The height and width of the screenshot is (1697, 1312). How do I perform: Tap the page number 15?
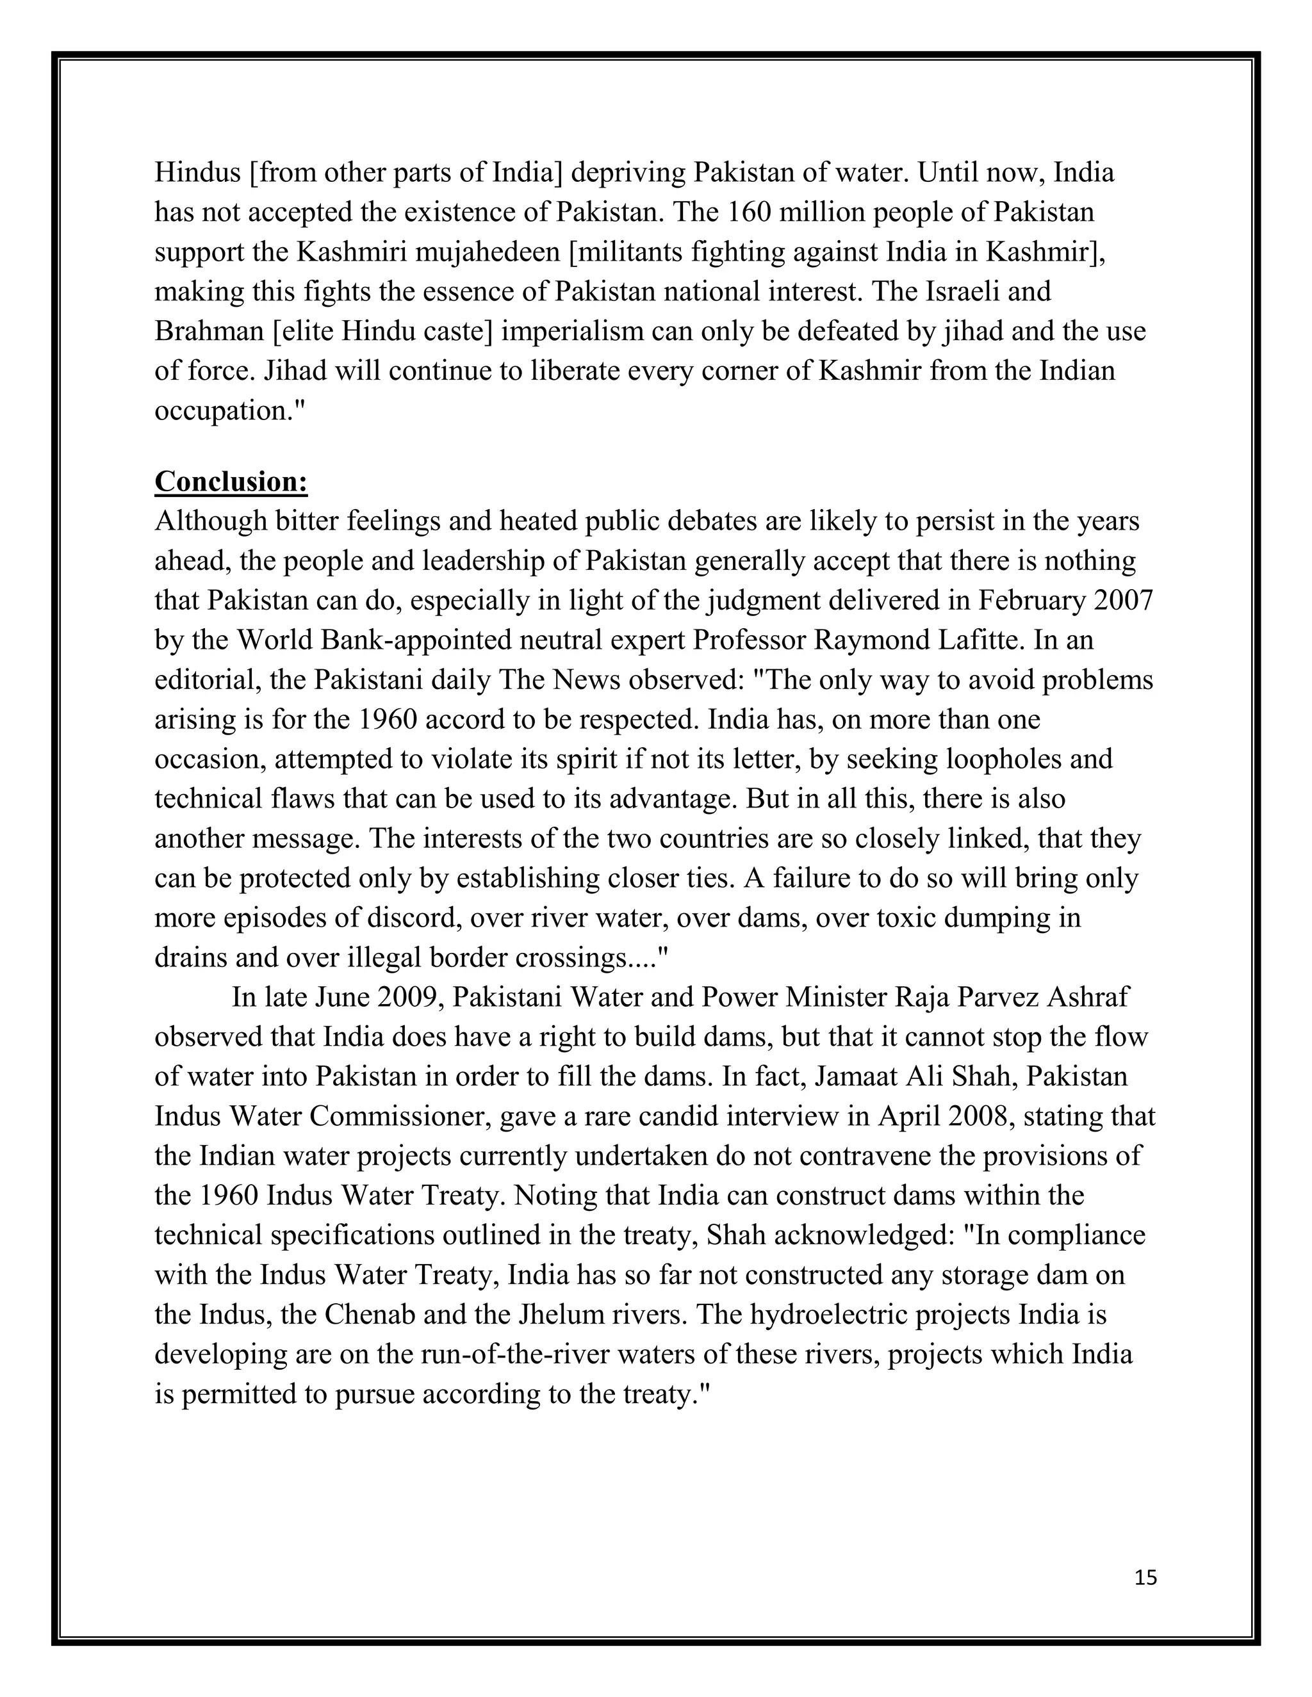[1145, 1577]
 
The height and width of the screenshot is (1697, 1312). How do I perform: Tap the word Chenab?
[374, 1315]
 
